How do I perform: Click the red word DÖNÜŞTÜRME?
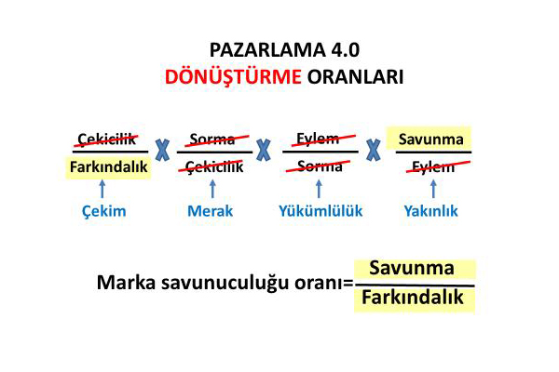point(233,76)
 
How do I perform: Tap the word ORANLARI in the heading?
point(356,77)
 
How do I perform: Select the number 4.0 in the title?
point(345,50)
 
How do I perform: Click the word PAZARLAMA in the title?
point(267,50)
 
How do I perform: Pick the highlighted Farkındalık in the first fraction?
point(108,166)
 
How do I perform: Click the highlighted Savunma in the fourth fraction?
point(431,139)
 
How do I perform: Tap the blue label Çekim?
point(104,211)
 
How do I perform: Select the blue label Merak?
point(210,211)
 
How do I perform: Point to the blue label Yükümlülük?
point(320,211)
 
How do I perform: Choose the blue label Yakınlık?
point(430,211)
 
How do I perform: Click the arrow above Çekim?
point(102,189)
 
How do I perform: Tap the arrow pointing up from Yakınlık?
point(433,189)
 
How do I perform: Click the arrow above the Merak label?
point(212,189)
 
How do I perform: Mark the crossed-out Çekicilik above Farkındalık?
point(106,139)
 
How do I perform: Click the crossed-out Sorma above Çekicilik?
point(212,139)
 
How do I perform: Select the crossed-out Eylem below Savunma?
point(433,166)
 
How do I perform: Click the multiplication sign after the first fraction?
point(162,150)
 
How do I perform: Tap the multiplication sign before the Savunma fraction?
point(374,150)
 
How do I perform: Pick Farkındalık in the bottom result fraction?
point(413,298)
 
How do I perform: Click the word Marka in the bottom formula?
point(126,283)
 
